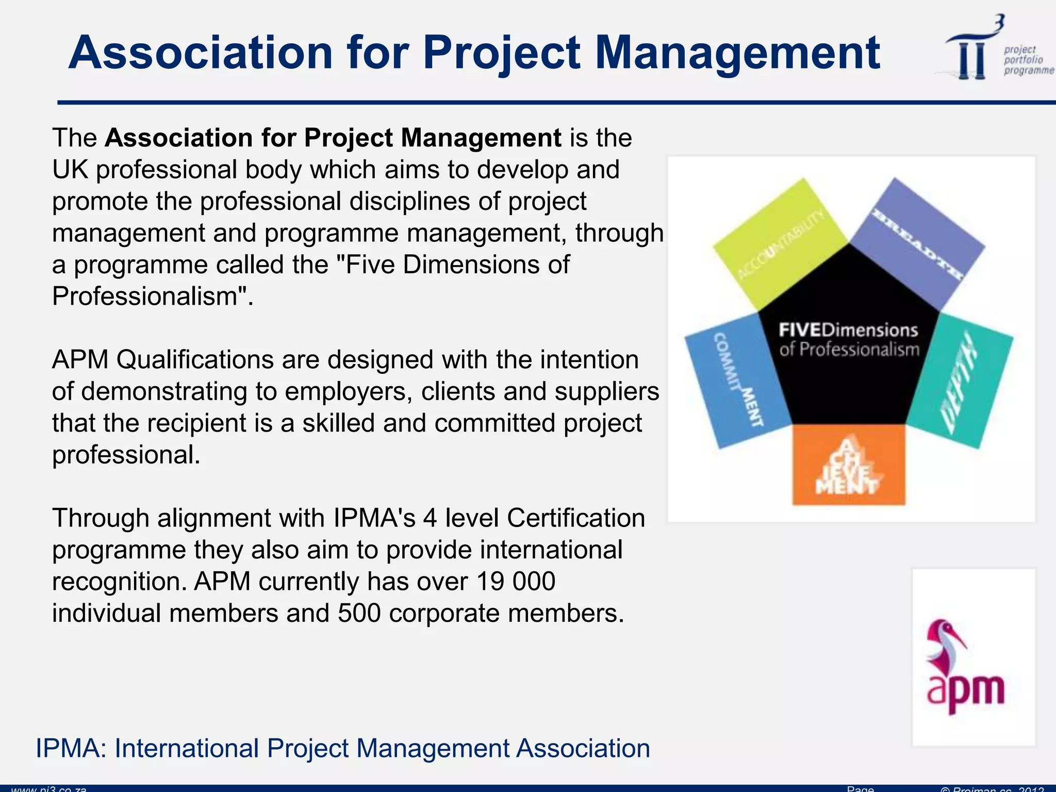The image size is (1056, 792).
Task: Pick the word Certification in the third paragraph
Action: pos(575,518)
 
